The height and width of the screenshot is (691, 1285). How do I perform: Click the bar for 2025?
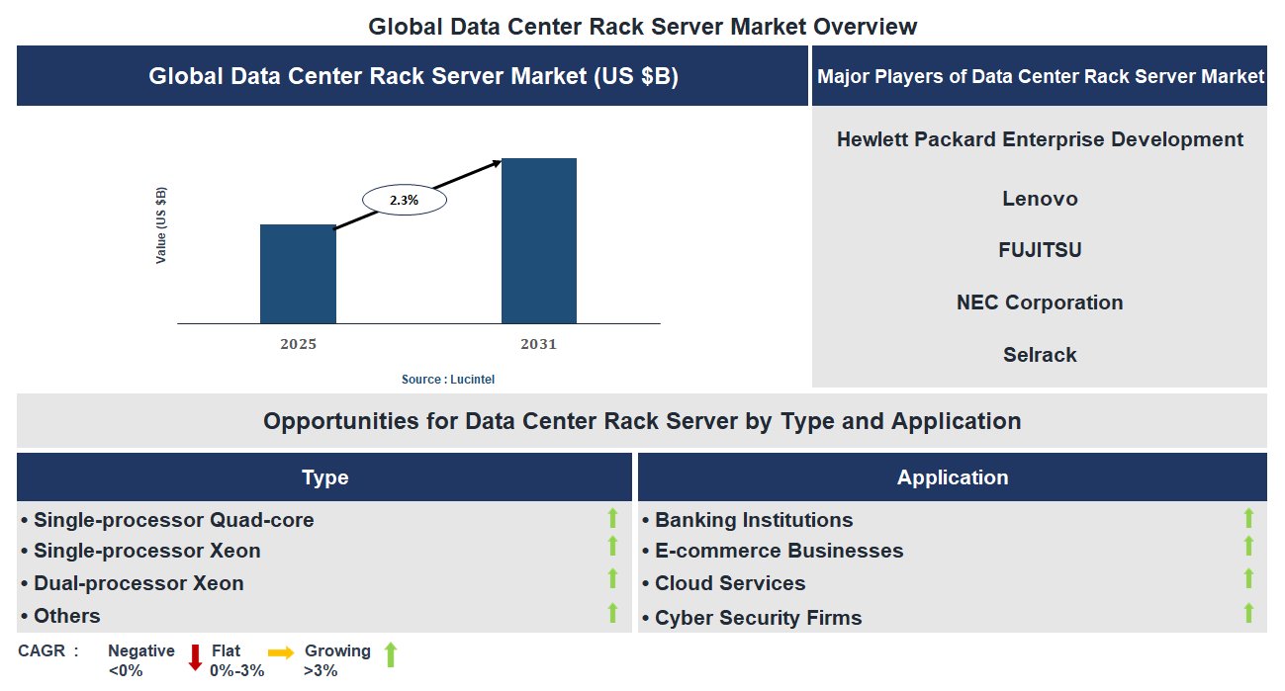(298, 274)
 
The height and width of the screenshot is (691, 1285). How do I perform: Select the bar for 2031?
(539, 240)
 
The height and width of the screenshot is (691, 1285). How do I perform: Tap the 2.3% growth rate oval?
(405, 200)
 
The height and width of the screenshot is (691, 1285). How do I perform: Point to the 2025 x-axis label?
(298, 345)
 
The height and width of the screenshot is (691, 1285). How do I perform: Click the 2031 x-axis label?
(539, 345)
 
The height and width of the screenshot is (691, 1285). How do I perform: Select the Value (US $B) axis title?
(161, 224)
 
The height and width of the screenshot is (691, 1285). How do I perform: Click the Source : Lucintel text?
(448, 380)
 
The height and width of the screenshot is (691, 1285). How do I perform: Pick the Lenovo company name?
(1040, 199)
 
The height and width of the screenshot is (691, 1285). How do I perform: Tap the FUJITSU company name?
(1040, 250)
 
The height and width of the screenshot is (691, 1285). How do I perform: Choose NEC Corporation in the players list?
(1040, 302)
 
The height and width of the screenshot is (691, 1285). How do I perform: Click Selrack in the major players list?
(1040, 355)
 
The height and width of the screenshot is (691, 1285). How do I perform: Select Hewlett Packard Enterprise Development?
(1040, 139)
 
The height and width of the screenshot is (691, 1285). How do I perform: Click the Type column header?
(324, 477)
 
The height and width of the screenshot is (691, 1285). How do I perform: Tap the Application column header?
(952, 477)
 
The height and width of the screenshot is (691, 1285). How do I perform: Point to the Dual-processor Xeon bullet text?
(138, 583)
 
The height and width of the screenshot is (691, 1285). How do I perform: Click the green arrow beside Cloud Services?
(1248, 579)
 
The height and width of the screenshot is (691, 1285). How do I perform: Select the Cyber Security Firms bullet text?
(758, 618)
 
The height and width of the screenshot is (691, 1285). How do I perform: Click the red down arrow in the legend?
(195, 656)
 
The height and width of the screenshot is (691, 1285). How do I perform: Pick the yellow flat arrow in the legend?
(281, 653)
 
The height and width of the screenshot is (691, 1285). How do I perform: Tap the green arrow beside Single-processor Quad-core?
(612, 518)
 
